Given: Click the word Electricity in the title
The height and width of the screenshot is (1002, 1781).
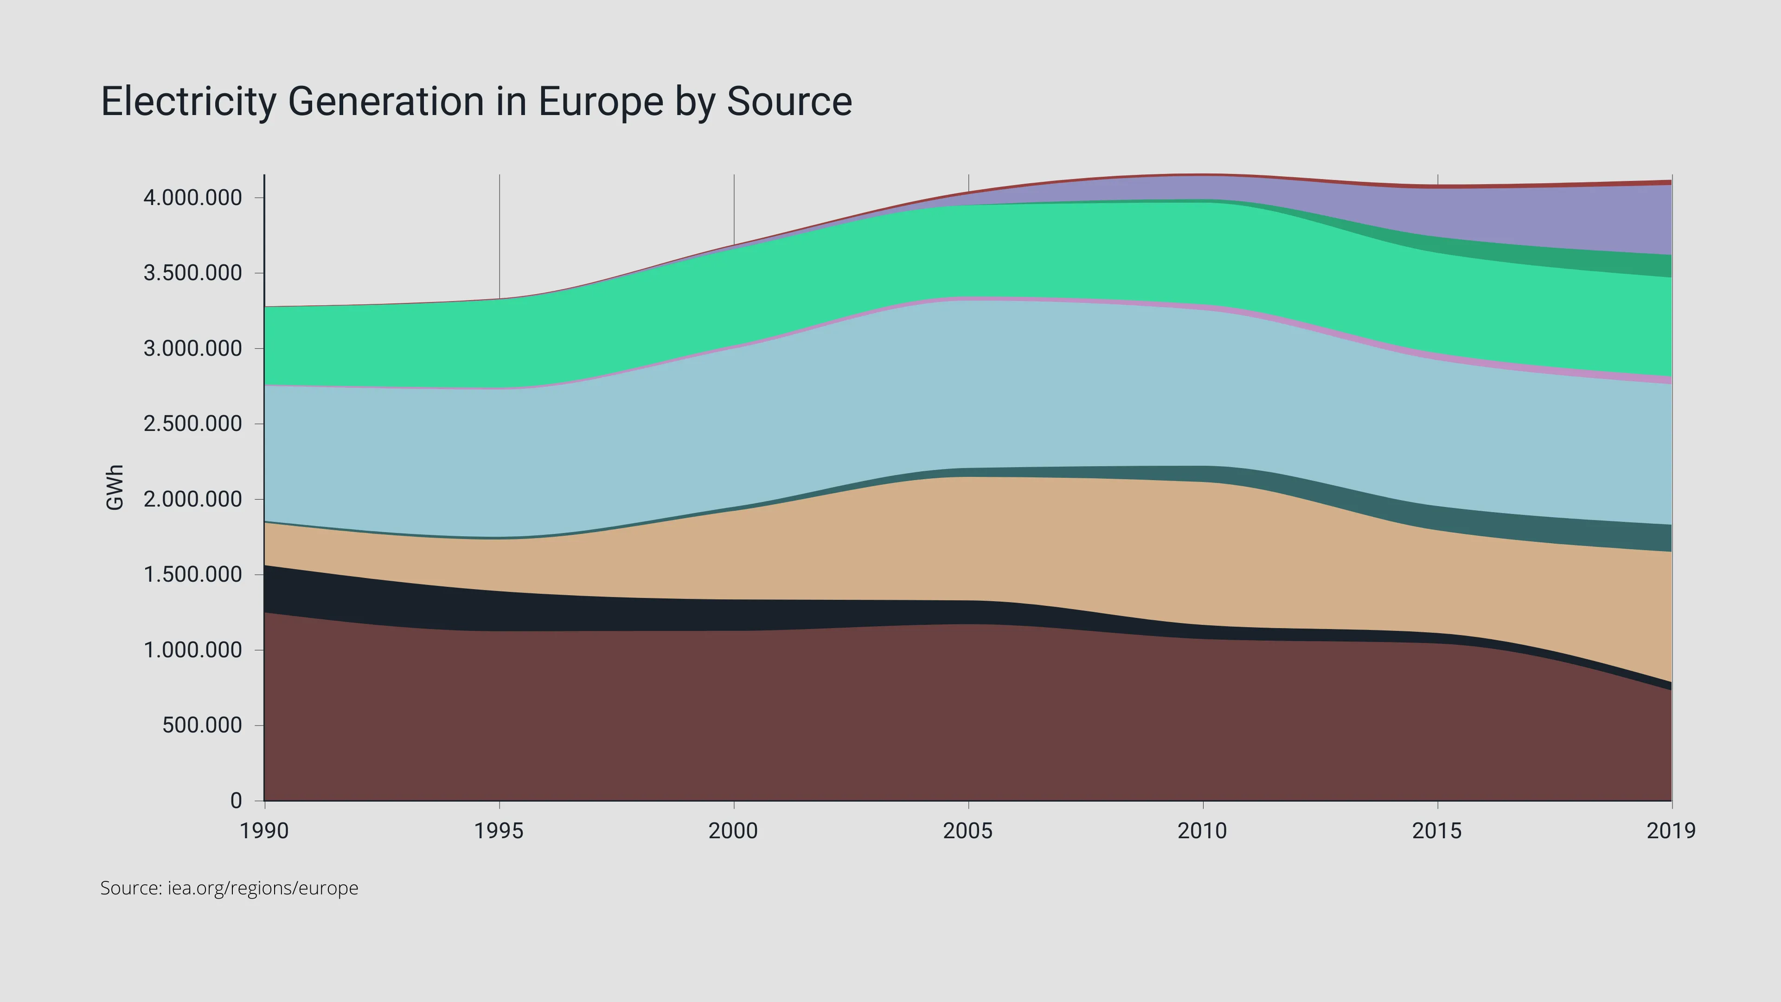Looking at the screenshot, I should pos(188,102).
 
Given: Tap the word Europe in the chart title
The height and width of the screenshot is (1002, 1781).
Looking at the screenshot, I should pos(601,102).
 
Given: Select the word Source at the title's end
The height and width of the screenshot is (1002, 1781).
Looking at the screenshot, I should pos(789,102).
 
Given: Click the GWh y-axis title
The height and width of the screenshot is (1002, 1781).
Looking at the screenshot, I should pos(115,488).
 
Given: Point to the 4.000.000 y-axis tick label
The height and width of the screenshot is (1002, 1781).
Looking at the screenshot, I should pos(193,198).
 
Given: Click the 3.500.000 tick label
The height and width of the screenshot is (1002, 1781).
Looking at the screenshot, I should pos(193,273).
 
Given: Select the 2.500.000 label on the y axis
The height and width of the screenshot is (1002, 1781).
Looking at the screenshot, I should pos(193,424).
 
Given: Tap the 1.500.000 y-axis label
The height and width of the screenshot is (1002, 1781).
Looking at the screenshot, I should pos(193,575).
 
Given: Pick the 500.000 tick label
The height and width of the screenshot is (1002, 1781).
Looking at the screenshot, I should pos(202,726).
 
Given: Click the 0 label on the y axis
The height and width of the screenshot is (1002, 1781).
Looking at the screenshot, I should pos(236,801).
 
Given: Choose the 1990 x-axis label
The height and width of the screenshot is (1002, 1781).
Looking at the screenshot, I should pos(264,830).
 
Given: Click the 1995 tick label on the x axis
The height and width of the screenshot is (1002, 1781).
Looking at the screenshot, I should pos(499,830).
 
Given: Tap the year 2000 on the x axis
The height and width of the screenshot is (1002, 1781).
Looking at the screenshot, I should pos(733,830).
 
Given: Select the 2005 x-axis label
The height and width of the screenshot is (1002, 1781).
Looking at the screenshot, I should pos(968,830).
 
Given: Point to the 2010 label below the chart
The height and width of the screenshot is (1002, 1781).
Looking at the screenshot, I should pos(1202,830).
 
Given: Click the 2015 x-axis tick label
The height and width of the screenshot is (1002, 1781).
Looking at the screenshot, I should pos(1437,830).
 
